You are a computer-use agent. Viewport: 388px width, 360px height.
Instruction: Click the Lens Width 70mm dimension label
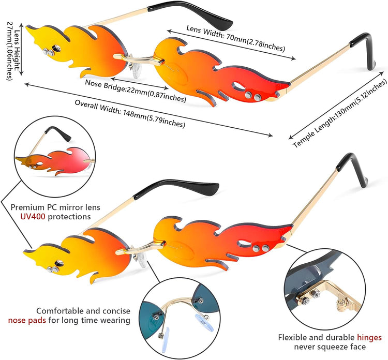(x=235, y=38)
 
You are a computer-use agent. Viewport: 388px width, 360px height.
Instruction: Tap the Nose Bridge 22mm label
(x=136, y=91)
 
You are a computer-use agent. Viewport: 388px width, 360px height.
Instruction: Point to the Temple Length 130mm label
(x=339, y=113)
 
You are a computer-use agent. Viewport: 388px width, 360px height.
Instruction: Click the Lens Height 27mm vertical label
(x=13, y=51)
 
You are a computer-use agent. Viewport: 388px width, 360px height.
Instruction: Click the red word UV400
(x=33, y=217)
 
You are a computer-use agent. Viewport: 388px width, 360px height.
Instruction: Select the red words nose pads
(x=27, y=320)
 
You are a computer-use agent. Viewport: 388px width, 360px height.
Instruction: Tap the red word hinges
(x=369, y=337)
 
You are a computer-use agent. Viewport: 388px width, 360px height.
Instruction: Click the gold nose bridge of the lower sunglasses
(x=141, y=247)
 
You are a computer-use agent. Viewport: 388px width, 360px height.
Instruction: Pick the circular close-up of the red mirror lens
(x=55, y=157)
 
